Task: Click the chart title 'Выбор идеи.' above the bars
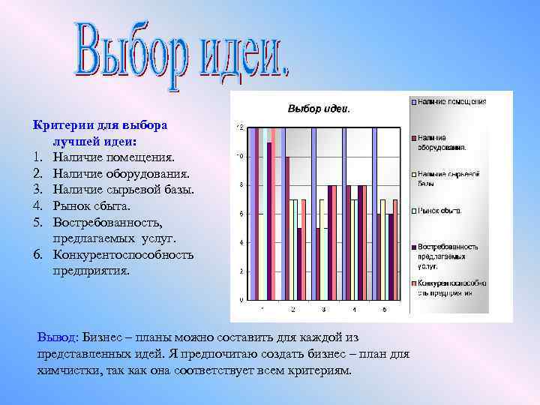pyautogui.click(x=319, y=109)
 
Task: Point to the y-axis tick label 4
pyautogui.click(x=240, y=243)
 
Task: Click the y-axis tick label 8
pyautogui.click(x=240, y=185)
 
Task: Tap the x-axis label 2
pyautogui.click(x=292, y=309)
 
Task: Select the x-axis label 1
pyautogui.click(x=262, y=309)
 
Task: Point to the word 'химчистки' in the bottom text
pyautogui.click(x=68, y=370)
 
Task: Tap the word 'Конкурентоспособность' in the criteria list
pyautogui.click(x=123, y=254)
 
